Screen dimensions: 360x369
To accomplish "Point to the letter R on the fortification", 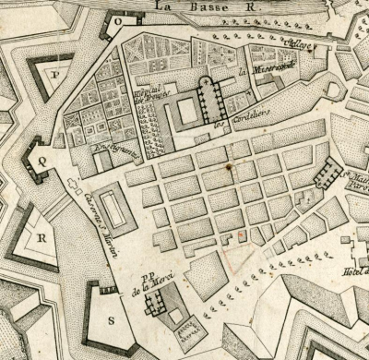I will pos(42,235).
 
